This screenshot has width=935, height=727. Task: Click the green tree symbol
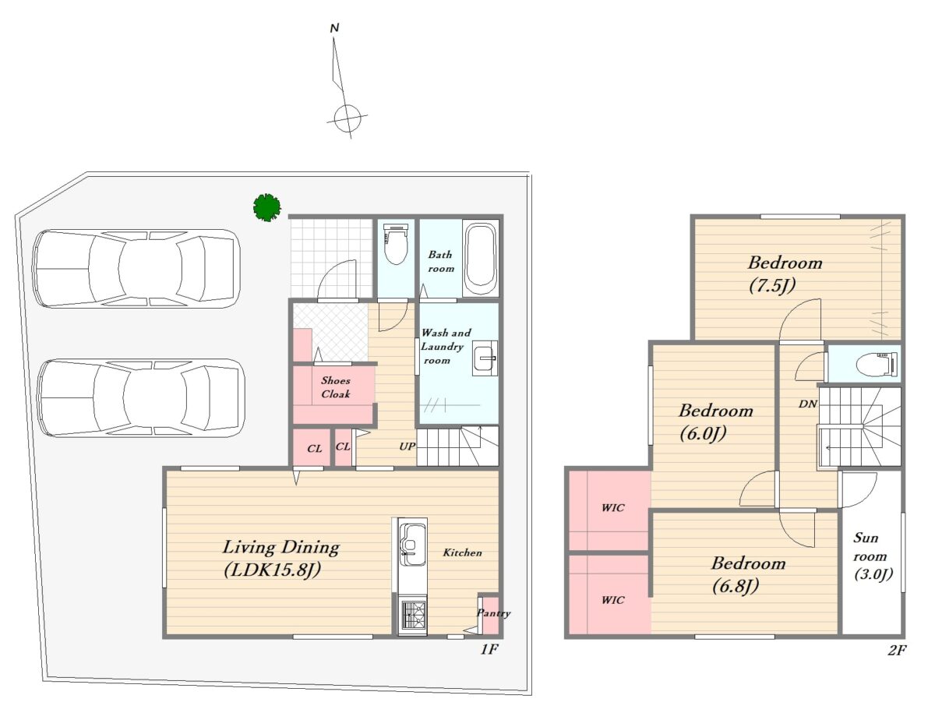tap(266, 208)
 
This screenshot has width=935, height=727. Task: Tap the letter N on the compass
tap(334, 28)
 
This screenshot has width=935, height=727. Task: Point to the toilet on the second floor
tap(877, 365)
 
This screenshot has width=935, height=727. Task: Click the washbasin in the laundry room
tap(485, 358)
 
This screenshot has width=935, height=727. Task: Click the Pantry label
tap(493, 613)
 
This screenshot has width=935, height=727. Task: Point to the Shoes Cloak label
tap(336, 387)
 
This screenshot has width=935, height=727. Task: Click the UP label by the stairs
tap(407, 446)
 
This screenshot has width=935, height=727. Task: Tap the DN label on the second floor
tap(808, 404)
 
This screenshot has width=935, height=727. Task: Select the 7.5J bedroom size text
tap(772, 286)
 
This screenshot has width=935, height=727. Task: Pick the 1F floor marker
tap(489, 649)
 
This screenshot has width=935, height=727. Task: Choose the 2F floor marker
tap(897, 650)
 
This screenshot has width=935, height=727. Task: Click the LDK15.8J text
tap(273, 570)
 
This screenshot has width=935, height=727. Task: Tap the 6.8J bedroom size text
tap(736, 586)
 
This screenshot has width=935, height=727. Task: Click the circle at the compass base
tap(348, 118)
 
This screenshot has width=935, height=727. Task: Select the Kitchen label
tap(463, 552)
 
